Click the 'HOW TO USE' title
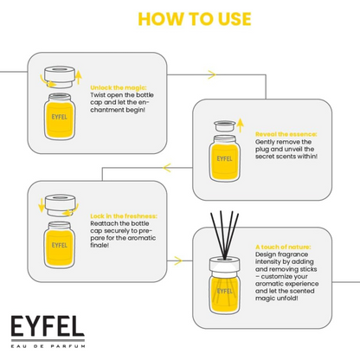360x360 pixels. click(x=195, y=19)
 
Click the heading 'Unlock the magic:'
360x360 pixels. click(x=119, y=87)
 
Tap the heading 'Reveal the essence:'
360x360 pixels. click(x=286, y=134)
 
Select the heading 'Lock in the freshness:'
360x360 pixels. click(x=124, y=216)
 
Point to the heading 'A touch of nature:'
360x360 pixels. click(x=283, y=247)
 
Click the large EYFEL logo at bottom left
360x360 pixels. click(x=48, y=326)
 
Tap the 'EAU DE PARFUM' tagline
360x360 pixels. click(x=48, y=346)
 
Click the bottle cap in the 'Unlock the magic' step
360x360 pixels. click(x=60, y=77)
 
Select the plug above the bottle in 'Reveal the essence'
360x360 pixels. click(x=225, y=126)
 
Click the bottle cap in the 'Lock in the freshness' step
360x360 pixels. click(x=60, y=205)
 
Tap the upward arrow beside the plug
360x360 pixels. click(x=240, y=125)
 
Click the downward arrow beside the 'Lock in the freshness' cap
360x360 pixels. click(x=42, y=205)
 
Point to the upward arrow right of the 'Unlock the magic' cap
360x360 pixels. click(x=79, y=77)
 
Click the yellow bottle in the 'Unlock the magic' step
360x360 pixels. click(x=60, y=117)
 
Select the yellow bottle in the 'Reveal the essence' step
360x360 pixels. click(x=224, y=158)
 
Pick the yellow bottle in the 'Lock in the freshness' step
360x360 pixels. click(x=60, y=245)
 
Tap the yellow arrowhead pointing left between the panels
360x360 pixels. click(x=167, y=168)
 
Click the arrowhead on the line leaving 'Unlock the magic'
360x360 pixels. click(x=212, y=74)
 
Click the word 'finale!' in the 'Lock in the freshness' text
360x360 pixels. click(x=100, y=245)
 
